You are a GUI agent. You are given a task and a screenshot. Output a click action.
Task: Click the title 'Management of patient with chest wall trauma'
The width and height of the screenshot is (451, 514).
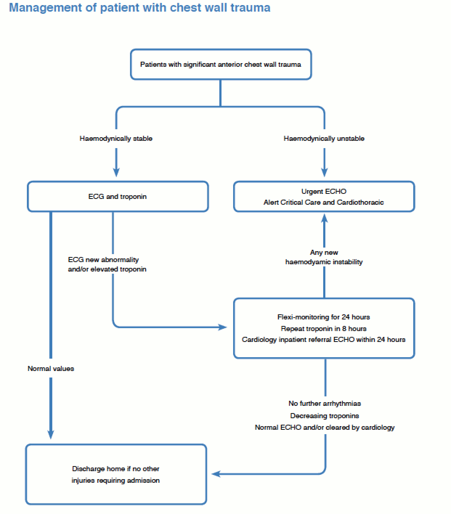139,8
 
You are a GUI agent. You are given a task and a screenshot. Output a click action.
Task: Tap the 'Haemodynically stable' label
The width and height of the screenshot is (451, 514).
116,139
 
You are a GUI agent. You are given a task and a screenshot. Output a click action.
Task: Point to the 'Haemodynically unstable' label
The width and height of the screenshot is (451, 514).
324,139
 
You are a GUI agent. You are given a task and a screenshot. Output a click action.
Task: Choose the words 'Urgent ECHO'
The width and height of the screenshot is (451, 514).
324,191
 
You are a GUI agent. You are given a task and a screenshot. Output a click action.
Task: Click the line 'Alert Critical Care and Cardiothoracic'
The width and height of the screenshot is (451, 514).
324,202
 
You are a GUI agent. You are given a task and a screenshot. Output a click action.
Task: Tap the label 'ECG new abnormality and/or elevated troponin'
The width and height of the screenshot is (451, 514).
107,264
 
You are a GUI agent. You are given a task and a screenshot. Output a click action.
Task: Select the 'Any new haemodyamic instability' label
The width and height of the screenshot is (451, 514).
324,257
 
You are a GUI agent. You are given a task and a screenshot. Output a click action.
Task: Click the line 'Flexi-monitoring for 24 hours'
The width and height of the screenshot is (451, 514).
324,317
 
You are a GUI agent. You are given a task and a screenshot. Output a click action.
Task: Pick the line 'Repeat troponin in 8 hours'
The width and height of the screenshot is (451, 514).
324,329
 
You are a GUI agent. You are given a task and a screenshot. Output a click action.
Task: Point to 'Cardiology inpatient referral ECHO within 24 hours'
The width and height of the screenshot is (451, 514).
324,339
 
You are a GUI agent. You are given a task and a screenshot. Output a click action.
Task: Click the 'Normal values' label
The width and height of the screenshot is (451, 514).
51,368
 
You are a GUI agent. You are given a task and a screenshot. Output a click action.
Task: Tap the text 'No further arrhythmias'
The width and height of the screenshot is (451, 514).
325,403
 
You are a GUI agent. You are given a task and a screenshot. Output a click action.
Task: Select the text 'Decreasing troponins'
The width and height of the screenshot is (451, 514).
325,416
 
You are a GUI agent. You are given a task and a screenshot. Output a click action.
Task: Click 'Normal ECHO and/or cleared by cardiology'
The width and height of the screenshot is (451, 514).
325,428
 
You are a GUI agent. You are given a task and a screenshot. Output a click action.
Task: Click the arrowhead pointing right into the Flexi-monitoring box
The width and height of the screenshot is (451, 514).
223,327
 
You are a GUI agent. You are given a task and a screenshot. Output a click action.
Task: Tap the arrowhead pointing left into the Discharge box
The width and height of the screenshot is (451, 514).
216,474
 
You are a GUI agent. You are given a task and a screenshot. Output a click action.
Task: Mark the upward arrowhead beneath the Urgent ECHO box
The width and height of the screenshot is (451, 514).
324,218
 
